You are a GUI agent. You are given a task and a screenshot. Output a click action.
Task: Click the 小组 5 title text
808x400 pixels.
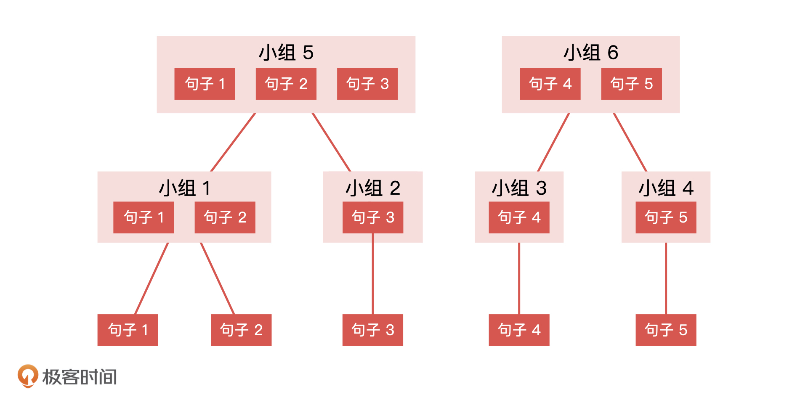[x=286, y=53]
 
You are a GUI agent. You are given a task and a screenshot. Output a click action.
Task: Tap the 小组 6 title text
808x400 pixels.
[x=591, y=53]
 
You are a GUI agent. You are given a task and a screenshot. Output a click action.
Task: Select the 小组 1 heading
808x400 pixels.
[x=184, y=188]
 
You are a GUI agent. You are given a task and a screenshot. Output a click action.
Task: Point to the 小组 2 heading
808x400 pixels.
[x=373, y=188]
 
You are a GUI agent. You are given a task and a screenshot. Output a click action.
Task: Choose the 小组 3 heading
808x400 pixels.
[x=519, y=188]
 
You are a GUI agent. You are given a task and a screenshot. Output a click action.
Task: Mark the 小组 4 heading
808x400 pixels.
[x=666, y=188]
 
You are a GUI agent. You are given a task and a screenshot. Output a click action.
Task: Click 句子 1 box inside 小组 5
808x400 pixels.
[x=205, y=84]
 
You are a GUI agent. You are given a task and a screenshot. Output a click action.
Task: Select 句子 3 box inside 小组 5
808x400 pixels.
[x=367, y=84]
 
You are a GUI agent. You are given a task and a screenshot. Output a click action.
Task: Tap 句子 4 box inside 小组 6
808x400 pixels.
[x=550, y=84]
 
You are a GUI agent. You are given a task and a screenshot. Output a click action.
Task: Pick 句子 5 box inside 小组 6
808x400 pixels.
[x=631, y=84]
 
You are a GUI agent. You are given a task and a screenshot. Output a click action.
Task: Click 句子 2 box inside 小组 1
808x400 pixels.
[x=225, y=217]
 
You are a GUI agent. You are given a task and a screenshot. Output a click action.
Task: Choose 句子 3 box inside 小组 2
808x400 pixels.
[x=373, y=217]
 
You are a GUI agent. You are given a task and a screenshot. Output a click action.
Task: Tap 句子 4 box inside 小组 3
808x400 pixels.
[x=519, y=217]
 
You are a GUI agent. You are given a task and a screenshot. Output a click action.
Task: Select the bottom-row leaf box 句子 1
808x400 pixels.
[x=128, y=330]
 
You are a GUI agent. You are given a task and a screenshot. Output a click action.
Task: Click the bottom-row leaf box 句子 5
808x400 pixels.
[x=666, y=330]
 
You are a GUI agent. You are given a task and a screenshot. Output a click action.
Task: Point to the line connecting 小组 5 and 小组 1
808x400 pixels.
[x=233, y=142]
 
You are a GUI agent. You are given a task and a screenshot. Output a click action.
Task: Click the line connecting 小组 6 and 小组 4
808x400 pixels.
[x=630, y=142]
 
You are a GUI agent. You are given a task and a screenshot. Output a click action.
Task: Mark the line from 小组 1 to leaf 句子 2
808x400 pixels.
[x=217, y=278]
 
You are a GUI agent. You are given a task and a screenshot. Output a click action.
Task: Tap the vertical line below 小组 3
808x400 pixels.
[x=519, y=278]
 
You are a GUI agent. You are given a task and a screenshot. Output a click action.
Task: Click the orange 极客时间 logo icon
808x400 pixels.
[x=28, y=376]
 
